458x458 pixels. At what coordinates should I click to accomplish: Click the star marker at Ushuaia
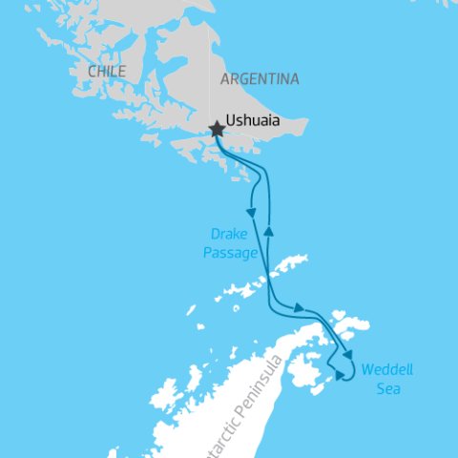[218, 129]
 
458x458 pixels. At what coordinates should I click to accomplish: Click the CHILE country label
[106, 72]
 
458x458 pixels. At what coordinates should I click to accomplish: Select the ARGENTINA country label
[260, 79]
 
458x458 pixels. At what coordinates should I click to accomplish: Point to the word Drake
[229, 234]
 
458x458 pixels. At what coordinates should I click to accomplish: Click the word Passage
[229, 253]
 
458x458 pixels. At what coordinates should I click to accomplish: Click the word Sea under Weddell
[387, 388]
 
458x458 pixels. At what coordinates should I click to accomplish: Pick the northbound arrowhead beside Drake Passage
[270, 232]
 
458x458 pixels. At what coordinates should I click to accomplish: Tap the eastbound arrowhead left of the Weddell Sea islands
[300, 308]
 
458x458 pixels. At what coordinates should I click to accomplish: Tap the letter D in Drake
[215, 234]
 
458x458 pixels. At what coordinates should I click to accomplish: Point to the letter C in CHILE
[91, 72]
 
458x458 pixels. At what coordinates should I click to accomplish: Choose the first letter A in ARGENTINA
[224, 79]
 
